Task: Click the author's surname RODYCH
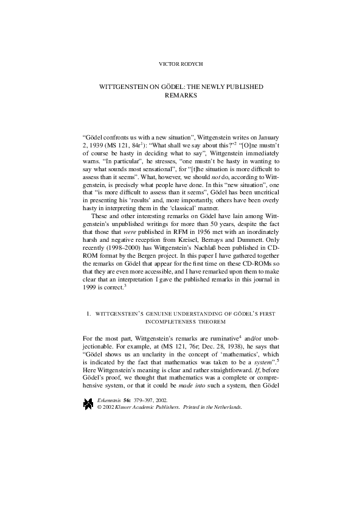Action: pos(192,63)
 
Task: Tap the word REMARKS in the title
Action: pos(181,96)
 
